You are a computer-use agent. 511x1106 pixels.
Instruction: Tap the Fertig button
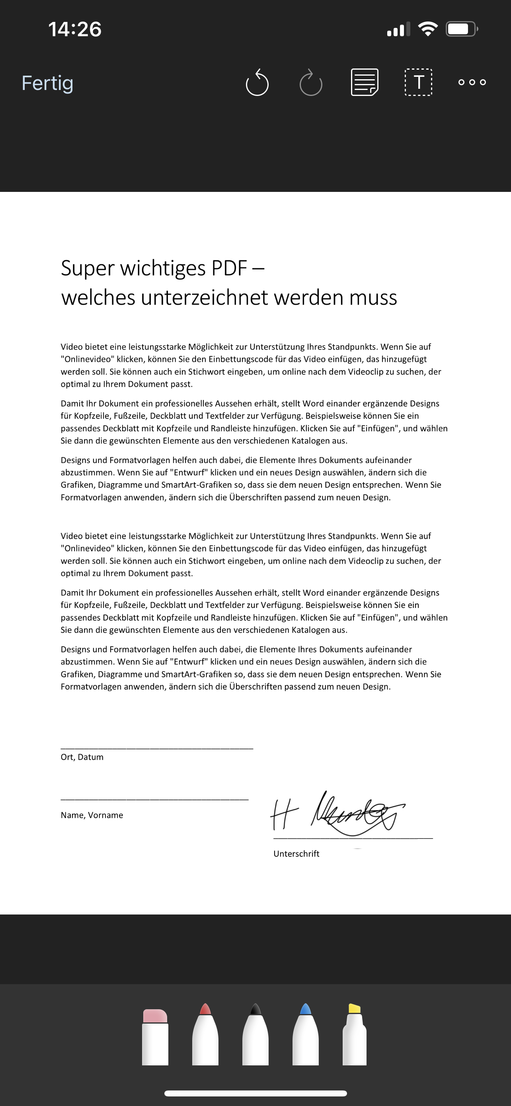pos(48,83)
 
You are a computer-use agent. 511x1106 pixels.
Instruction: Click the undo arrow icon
pos(257,82)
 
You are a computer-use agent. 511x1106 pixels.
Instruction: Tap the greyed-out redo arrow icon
pos(311,82)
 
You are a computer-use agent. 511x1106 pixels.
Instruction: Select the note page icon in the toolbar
pos(364,82)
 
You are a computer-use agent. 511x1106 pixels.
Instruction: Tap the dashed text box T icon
pos(418,82)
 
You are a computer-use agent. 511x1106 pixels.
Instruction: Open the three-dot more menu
pos(472,82)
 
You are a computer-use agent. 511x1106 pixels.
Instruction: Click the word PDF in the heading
pos(229,268)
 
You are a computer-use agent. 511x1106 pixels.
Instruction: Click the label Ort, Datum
pos(82,757)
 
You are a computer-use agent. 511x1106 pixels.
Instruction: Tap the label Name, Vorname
pos(92,815)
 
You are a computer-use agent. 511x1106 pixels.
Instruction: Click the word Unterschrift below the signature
pos(296,854)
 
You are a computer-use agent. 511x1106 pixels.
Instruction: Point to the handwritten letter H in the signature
pos(283,814)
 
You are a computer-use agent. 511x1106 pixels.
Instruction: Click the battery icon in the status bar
pos(461,29)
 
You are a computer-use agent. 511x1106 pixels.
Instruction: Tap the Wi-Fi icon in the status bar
pos(427,29)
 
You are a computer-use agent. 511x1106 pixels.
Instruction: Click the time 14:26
pos(75,29)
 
